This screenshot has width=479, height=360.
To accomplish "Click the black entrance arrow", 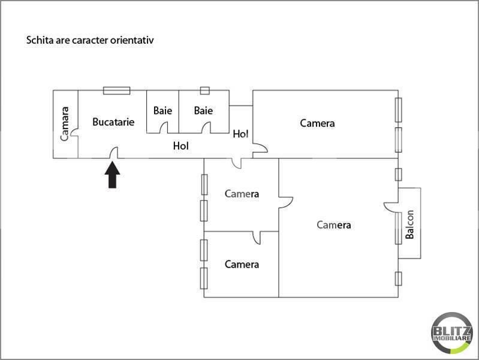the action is click(113, 175).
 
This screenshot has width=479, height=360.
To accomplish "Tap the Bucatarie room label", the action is click(113, 122).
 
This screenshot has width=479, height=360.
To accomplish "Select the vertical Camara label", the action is click(65, 124).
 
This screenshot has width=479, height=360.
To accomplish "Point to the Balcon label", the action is click(409, 224).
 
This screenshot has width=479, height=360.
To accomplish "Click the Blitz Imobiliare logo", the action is click(452, 333).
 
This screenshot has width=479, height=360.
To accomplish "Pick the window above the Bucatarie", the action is click(116, 91).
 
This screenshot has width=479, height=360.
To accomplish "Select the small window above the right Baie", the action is click(204, 91).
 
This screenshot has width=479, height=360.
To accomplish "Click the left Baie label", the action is click(162, 110).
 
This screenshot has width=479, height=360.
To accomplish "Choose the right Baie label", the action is click(203, 110).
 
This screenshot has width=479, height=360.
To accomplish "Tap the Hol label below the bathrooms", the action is click(181, 146).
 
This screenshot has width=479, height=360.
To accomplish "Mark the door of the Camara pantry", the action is click(74, 133).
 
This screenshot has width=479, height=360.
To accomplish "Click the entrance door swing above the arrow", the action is click(114, 152).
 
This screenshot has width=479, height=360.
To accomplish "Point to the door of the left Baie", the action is click(164, 128).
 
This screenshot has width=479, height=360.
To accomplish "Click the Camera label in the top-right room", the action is click(317, 123).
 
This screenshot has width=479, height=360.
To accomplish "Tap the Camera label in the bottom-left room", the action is click(242, 264).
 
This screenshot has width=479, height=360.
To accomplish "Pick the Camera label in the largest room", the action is click(333, 225).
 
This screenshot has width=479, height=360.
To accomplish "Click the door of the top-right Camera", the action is click(260, 148).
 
